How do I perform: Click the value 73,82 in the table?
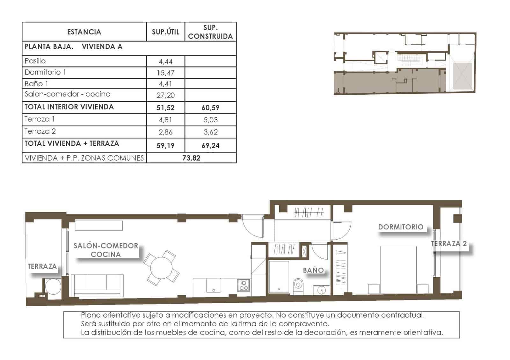click(191, 158)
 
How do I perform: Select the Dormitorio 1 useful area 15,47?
click(165, 73)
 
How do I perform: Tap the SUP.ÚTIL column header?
click(165, 32)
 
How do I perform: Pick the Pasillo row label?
click(35, 61)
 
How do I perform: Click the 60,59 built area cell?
click(210, 108)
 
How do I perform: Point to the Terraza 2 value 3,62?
click(210, 132)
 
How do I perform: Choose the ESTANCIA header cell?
click(84, 32)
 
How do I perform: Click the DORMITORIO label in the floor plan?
click(401, 227)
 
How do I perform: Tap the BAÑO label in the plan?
click(313, 270)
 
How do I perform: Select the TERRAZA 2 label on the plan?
click(449, 244)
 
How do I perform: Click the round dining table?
click(161, 268)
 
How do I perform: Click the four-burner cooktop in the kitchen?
click(244, 285)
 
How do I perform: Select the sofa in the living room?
click(97, 285)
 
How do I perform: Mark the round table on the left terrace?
click(53, 286)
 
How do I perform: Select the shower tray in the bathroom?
click(279, 277)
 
